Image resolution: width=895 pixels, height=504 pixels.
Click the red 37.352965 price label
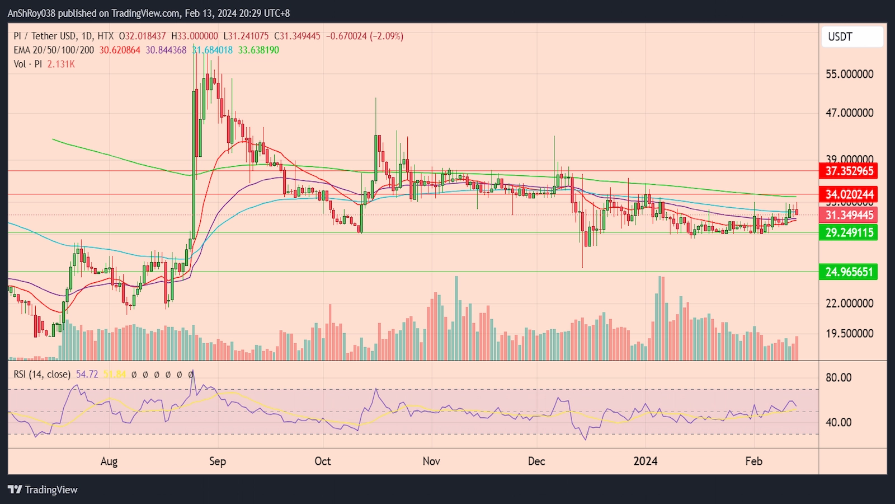pyautogui.click(x=849, y=171)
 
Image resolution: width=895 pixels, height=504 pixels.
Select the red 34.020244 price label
pyautogui.click(x=849, y=194)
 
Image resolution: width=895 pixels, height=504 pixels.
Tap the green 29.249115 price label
pyautogui.click(x=849, y=232)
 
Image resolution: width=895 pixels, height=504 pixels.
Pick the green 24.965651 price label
pyautogui.click(x=849, y=272)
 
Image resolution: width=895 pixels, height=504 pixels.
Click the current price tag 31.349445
pyautogui.click(x=849, y=215)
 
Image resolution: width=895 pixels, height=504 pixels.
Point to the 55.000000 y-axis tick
pyautogui.click(x=849, y=74)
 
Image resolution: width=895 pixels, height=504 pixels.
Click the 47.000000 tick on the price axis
pyautogui.click(x=849, y=113)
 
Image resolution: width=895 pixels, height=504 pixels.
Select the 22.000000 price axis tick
pyautogui.click(x=849, y=304)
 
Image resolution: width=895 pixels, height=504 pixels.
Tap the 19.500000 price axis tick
pyautogui.click(x=849, y=334)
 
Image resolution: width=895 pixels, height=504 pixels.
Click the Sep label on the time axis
pyautogui.click(x=218, y=461)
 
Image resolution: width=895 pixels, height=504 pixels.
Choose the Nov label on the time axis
pyautogui.click(x=431, y=461)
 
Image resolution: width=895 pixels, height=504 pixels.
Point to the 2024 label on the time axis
pyautogui.click(x=646, y=461)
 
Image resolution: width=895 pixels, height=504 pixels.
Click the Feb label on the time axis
pyautogui.click(x=753, y=461)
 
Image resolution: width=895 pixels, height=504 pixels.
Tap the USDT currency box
pyautogui.click(x=852, y=37)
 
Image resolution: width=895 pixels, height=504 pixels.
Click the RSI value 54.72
pyautogui.click(x=87, y=374)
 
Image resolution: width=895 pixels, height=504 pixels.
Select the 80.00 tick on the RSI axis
pyautogui.click(x=839, y=378)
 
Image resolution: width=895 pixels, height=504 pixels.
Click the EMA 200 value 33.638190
pyautogui.click(x=258, y=50)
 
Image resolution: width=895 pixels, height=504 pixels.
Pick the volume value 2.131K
pyautogui.click(x=61, y=64)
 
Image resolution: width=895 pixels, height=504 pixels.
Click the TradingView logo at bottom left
pyautogui.click(x=43, y=489)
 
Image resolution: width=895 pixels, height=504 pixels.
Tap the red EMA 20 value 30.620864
pyautogui.click(x=120, y=50)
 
